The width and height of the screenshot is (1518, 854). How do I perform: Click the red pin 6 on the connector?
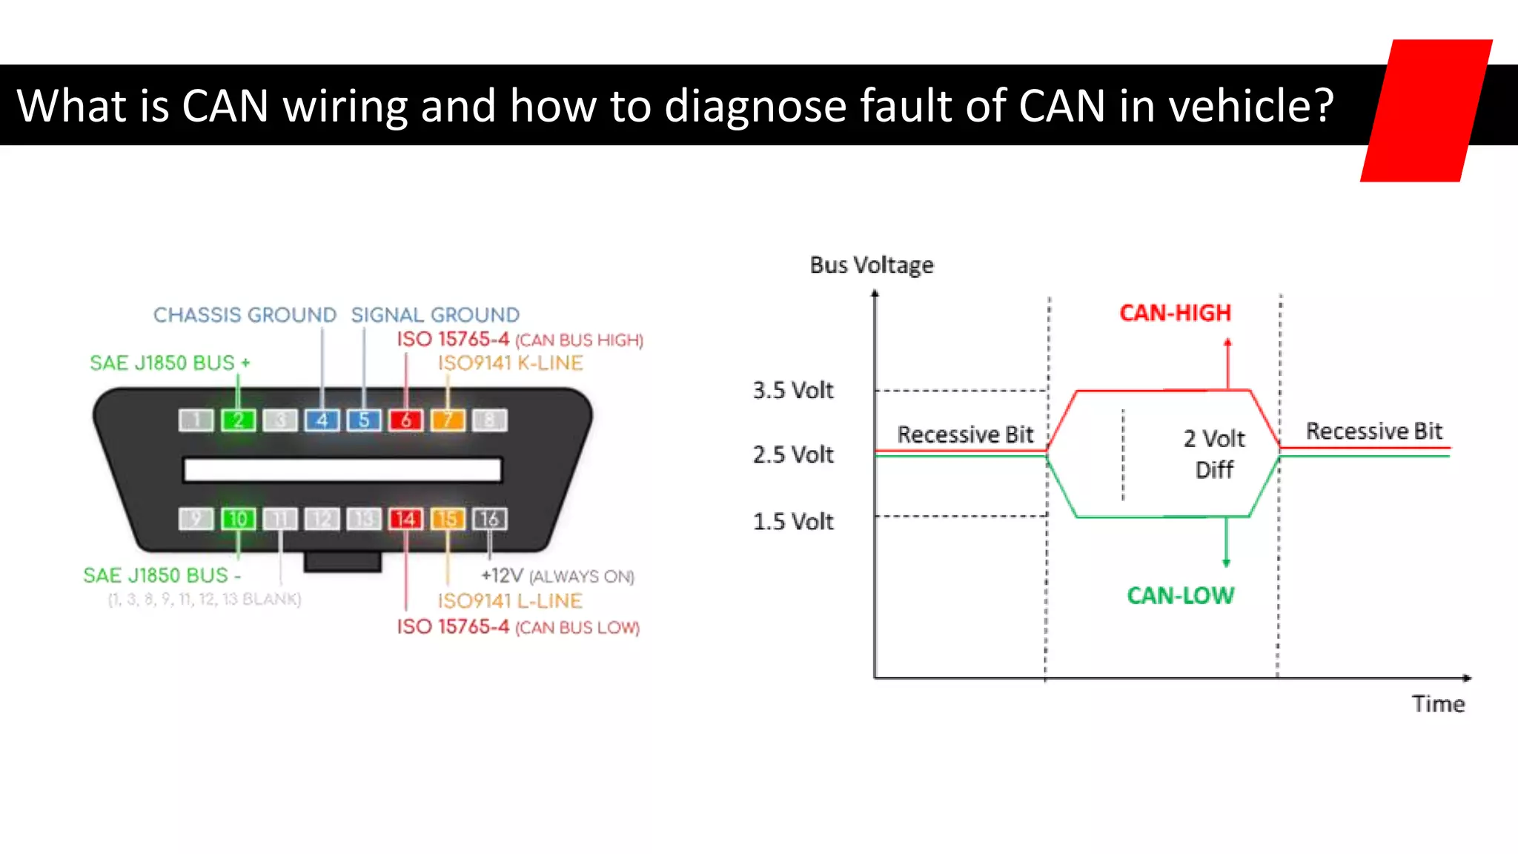pyautogui.click(x=405, y=420)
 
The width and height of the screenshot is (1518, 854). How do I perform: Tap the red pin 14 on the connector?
pyautogui.click(x=405, y=519)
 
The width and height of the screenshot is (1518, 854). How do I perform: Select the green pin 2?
pyautogui.click(x=238, y=420)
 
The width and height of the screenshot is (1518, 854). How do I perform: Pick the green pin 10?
pyautogui.click(x=238, y=519)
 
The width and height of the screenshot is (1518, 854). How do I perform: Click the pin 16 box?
pyautogui.click(x=489, y=519)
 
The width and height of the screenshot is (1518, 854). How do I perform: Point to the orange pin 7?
pyautogui.click(x=448, y=420)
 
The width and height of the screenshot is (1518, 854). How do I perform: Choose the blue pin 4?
pyautogui.click(x=322, y=420)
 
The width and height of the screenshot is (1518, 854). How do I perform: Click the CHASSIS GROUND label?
pyautogui.click(x=245, y=315)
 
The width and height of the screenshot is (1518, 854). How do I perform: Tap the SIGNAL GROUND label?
pyautogui.click(x=435, y=315)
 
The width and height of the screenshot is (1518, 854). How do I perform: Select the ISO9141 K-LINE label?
pyautogui.click(x=510, y=363)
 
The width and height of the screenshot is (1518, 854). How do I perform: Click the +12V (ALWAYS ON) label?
pyautogui.click(x=557, y=576)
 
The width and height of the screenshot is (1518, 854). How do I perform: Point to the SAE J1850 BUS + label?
pyautogui.click(x=170, y=363)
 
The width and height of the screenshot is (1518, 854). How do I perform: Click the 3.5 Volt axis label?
pyautogui.click(x=793, y=390)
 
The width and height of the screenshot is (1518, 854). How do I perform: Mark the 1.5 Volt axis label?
pyautogui.click(x=793, y=521)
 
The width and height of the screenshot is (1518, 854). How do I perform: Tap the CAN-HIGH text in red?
pyautogui.click(x=1175, y=313)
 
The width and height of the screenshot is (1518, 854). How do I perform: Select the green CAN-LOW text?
pyautogui.click(x=1180, y=595)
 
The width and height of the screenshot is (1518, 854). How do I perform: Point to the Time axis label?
pyautogui.click(x=1438, y=704)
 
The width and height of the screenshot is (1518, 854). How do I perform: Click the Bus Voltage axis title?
pyautogui.click(x=872, y=265)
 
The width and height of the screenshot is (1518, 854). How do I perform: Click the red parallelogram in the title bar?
pyautogui.click(x=1426, y=111)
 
